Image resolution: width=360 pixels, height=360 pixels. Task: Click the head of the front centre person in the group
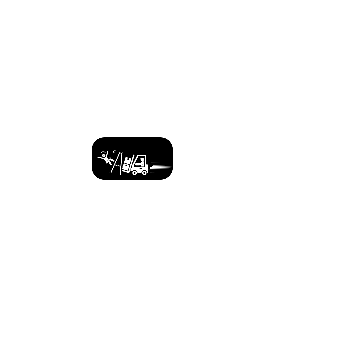pyautogui.click(x=64, y=145)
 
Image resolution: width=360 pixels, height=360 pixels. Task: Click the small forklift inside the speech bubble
pyautogui.click(x=139, y=165)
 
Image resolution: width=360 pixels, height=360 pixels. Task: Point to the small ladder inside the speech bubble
pyautogui.click(x=117, y=163)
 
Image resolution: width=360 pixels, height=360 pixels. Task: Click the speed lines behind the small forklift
pyautogui.click(x=160, y=167)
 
